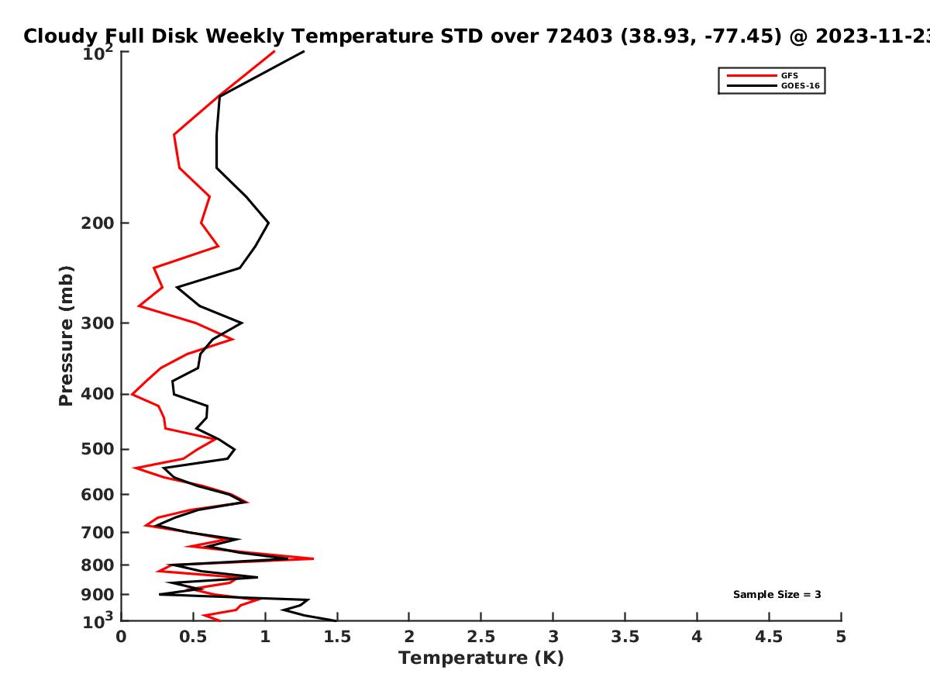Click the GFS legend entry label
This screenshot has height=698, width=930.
coord(789,75)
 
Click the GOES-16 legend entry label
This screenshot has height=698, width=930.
coord(801,85)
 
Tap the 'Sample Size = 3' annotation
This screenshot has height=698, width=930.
coord(777,595)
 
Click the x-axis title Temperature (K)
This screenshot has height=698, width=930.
coord(481,658)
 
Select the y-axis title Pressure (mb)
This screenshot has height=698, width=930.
coord(66,336)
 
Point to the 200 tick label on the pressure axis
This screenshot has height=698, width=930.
coord(98,223)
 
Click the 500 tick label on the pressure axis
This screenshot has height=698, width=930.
coord(98,449)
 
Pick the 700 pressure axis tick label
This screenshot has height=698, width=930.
coord(98,532)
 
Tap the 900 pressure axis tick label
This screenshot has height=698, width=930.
coord(98,595)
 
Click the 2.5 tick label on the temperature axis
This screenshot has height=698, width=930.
coord(481,637)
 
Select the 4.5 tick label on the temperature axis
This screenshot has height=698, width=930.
coord(769,637)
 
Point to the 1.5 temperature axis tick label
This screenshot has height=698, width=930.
coord(337,637)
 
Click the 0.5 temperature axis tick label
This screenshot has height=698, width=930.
coord(193,637)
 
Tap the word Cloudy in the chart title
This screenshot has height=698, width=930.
coord(60,36)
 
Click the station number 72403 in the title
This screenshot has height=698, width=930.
coord(579,36)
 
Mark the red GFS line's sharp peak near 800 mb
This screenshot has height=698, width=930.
coord(313,558)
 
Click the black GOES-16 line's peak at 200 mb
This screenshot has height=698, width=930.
coord(269,223)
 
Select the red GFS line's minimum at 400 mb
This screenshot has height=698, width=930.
coord(133,394)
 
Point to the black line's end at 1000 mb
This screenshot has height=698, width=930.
coord(336,621)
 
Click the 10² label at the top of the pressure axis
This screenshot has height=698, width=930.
coord(98,53)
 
